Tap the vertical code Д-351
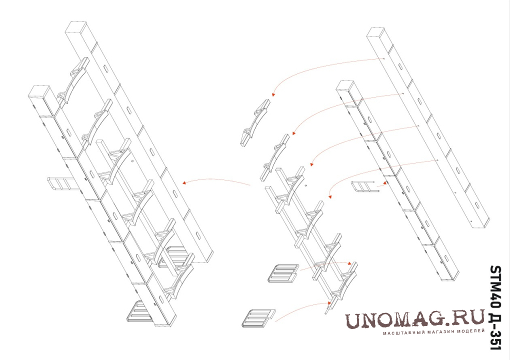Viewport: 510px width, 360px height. [496, 330]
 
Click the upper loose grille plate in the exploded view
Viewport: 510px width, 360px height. [283, 273]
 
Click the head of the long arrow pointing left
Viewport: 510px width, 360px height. [184, 183]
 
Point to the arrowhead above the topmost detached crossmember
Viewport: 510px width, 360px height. [273, 94]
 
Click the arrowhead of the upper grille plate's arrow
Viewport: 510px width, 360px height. [350, 263]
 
